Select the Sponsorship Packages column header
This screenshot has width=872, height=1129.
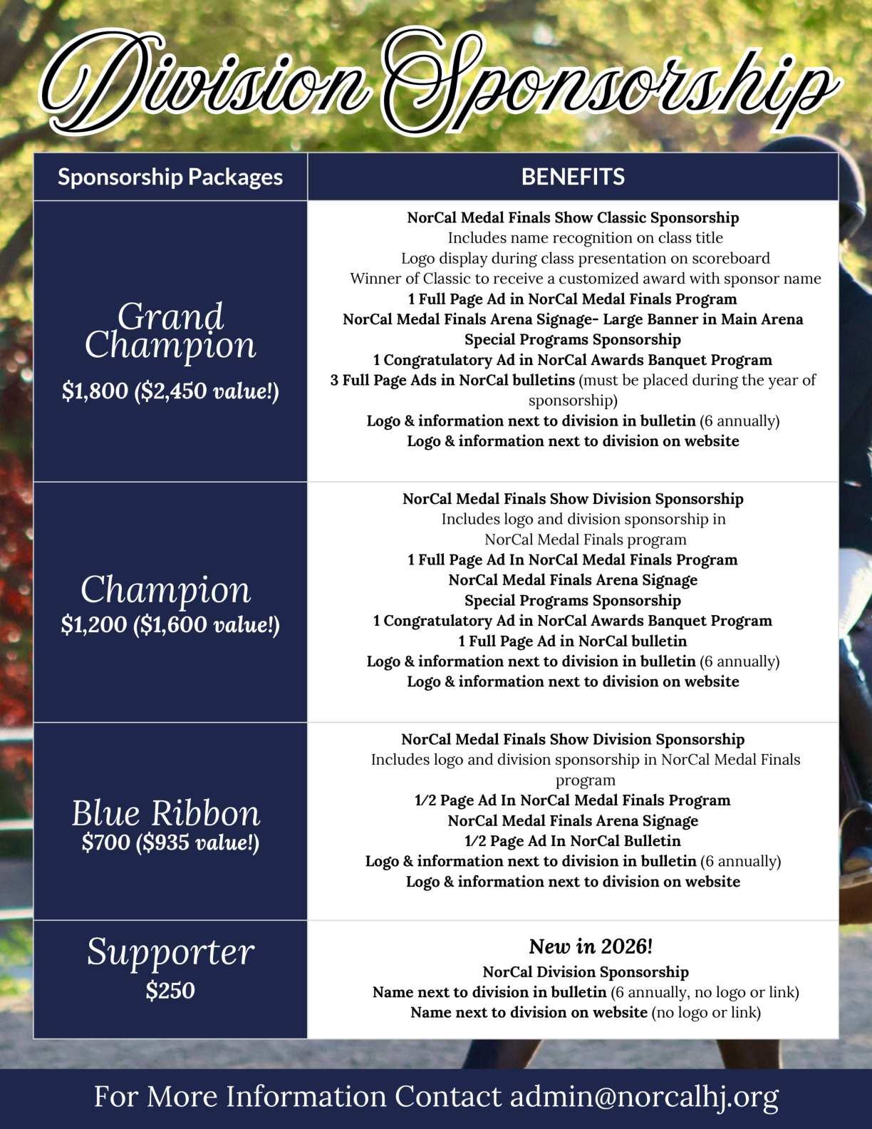pos(170,177)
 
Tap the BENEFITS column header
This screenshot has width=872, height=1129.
pos(573,177)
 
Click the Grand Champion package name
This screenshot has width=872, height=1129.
pos(170,330)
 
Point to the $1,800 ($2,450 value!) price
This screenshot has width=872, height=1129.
pos(170,391)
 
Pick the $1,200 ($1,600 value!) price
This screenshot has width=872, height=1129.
pos(170,624)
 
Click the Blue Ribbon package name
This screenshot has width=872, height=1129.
pos(166,813)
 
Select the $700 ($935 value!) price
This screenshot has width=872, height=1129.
pos(170,842)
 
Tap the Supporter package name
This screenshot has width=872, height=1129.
pos(170,952)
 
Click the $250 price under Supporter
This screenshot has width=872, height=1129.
pos(170,990)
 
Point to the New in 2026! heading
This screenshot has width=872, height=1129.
pos(591,947)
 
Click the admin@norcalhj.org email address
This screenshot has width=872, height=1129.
pos(644,1097)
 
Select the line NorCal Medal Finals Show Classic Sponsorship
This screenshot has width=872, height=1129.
pos(573,217)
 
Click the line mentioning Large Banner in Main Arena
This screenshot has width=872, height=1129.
pos(573,319)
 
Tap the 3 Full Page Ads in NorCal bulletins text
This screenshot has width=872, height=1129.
pos(452,380)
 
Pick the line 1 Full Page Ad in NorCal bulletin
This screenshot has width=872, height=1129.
pos(573,641)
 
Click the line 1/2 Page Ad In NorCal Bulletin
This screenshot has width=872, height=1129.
pos(573,840)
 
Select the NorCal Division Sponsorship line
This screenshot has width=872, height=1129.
pos(586,971)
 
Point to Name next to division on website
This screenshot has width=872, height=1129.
pos(529,1012)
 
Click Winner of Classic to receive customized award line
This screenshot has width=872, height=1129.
pos(585,279)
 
